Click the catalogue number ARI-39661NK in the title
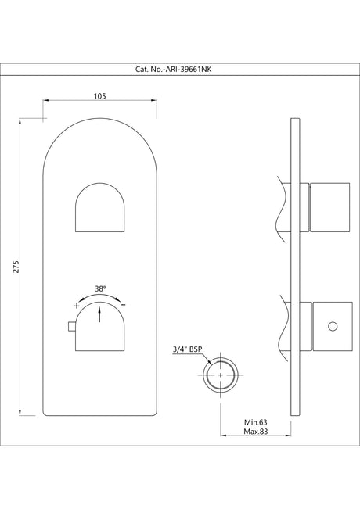[179, 69]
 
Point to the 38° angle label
[100, 288]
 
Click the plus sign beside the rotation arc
[76, 306]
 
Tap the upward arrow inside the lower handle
[100, 314]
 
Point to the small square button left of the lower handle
[71, 326]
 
